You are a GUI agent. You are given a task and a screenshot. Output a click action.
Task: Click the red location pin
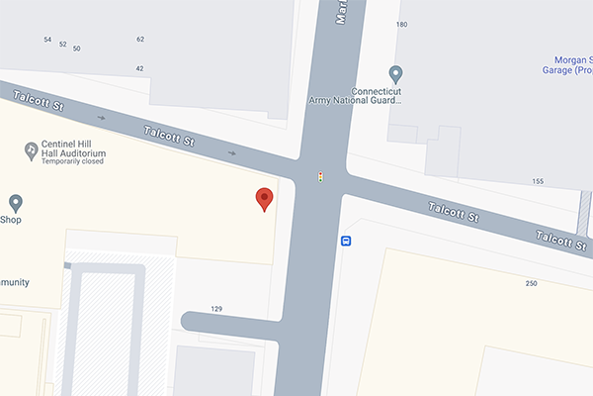pos(264,199)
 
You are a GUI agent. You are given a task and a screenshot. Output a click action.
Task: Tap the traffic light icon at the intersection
pos(319,177)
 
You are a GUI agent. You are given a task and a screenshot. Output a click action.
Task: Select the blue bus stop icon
pos(347,241)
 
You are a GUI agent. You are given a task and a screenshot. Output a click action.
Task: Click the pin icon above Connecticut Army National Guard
pos(395,73)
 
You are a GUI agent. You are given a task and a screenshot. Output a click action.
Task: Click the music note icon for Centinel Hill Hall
pos(32,149)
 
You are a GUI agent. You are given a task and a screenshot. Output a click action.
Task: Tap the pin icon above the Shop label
pos(15,202)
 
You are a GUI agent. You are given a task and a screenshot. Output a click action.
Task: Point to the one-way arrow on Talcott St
pos(232,153)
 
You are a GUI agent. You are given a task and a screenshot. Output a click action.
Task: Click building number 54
pos(47,40)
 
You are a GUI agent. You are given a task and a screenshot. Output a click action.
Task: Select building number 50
pos(77,49)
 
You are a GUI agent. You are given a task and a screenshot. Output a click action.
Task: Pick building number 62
pos(140,40)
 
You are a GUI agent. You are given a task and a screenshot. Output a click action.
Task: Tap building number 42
pos(140,68)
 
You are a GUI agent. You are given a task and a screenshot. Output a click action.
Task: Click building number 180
pos(401,25)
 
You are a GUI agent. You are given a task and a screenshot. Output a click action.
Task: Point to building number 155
pos(538,181)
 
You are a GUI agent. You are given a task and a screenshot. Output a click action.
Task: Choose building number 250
pos(532,284)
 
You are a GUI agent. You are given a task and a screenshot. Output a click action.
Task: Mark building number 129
pos(216,309)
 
